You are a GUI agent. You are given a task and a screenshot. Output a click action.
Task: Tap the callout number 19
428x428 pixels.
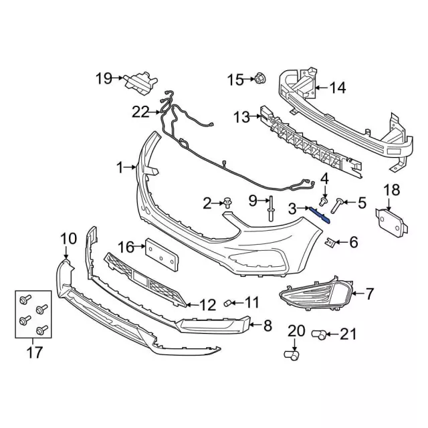click(x=103, y=79)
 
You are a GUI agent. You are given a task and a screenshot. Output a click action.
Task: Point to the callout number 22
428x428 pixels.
click(x=140, y=112)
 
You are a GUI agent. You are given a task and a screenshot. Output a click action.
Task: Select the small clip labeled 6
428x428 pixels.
click(x=330, y=241)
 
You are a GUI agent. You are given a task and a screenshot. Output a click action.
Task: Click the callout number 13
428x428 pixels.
click(x=241, y=118)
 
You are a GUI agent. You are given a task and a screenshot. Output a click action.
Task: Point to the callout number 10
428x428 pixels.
click(x=69, y=237)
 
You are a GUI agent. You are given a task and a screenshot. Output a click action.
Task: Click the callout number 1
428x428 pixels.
click(x=120, y=168)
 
